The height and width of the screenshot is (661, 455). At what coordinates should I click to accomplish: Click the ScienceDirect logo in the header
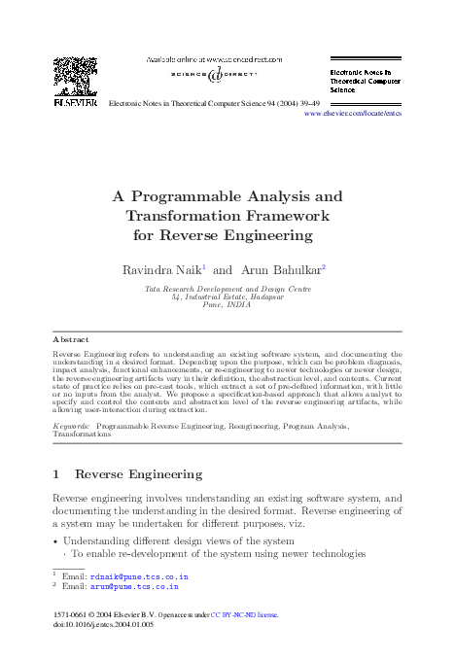tap(227, 76)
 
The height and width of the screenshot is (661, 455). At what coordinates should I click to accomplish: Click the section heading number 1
tap(55, 474)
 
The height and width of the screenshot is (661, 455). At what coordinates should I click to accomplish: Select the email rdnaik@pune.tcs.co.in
tap(138, 576)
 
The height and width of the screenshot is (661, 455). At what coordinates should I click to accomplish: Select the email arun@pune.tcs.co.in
tap(133, 587)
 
